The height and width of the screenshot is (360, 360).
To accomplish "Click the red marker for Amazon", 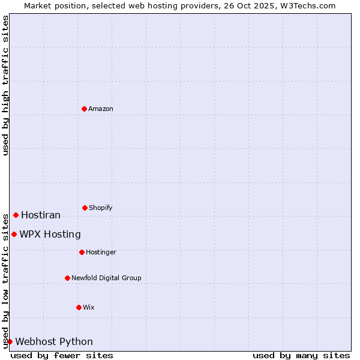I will [x=84, y=109].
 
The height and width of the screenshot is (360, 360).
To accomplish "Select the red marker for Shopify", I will [x=85, y=208].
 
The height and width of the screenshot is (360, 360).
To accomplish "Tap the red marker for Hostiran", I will [x=16, y=215].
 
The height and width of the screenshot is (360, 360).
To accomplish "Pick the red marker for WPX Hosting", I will [x=14, y=234].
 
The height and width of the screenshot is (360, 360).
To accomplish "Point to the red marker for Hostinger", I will [x=82, y=252].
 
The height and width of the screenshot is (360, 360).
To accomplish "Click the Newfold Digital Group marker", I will [x=67, y=278].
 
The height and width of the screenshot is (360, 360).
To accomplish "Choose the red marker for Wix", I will [x=79, y=307].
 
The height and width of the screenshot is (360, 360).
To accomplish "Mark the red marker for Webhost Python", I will [x=10, y=341].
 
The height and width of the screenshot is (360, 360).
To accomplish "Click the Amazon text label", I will [x=101, y=109].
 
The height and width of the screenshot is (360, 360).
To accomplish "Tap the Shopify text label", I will [x=101, y=208].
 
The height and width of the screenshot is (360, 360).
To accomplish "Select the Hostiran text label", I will [x=41, y=215].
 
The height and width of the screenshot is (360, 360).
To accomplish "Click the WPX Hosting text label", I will [x=50, y=234].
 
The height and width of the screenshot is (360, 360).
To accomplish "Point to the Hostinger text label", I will [x=101, y=252].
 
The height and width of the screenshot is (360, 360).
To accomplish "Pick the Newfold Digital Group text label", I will [x=106, y=278].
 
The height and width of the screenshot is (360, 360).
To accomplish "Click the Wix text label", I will [x=89, y=307].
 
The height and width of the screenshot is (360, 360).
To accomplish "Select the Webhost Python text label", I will [x=54, y=341].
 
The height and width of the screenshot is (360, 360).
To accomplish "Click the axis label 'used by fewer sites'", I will [x=62, y=355].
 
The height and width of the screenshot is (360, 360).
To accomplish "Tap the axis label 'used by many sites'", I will [x=301, y=355].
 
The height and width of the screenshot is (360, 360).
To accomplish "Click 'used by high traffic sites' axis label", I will [x=5, y=85].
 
